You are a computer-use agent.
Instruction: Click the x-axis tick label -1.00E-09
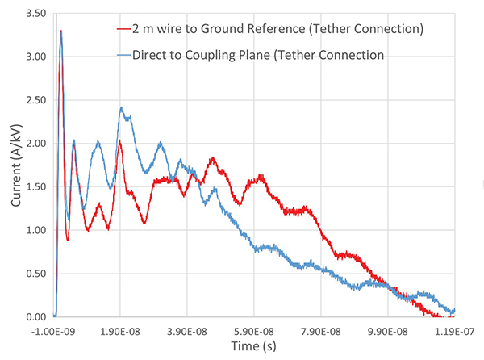pos(54,331)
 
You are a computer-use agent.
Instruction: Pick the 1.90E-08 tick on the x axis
pos(121,331)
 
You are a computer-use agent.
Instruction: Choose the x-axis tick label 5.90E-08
pos(255,331)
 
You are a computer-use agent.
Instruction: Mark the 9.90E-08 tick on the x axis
pos(389,331)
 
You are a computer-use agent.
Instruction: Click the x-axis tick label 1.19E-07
pos(456,331)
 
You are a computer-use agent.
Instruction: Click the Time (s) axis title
pos(256,347)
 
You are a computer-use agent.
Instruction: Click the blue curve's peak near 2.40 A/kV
pos(121,108)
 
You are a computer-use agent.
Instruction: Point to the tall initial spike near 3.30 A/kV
pos(61,31)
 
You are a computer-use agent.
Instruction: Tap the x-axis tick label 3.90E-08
pos(188,331)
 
